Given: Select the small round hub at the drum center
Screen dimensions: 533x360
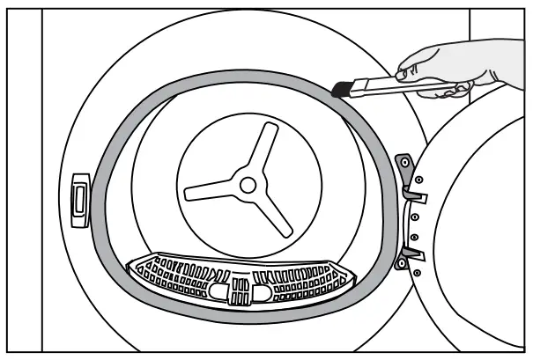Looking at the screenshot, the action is coord(248,184).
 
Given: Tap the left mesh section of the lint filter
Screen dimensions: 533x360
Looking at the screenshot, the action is coord(172,278).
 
